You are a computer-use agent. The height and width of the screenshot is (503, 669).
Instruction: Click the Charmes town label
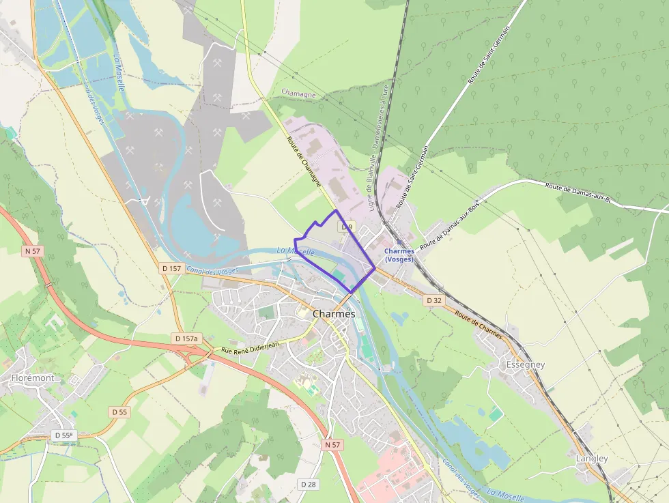(x=333, y=314)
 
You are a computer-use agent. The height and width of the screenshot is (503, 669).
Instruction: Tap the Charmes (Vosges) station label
(x=399, y=255)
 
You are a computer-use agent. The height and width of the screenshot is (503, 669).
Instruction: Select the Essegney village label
(x=525, y=364)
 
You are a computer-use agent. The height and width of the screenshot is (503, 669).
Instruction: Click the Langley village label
(x=591, y=459)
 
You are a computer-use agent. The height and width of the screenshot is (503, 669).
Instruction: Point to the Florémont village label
(x=33, y=377)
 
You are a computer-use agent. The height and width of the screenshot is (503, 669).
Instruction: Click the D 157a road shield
(x=186, y=339)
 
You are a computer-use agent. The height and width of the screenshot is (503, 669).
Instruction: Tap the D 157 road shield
(x=172, y=268)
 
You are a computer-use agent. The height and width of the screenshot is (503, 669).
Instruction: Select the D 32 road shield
(x=434, y=300)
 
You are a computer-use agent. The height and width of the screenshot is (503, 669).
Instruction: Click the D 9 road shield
(x=347, y=227)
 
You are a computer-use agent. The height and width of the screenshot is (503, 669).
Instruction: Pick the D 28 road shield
(x=309, y=484)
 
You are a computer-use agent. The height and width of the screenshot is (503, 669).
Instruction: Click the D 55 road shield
(x=119, y=412)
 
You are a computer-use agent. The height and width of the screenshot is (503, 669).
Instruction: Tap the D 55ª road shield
(x=63, y=435)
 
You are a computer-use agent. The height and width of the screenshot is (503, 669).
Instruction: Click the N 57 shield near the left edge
(x=33, y=251)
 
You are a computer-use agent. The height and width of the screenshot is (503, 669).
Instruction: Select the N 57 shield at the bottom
(x=332, y=444)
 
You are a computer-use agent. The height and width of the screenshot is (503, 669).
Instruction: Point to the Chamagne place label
(x=298, y=94)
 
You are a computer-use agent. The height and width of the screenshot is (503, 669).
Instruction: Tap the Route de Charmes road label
(x=478, y=326)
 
